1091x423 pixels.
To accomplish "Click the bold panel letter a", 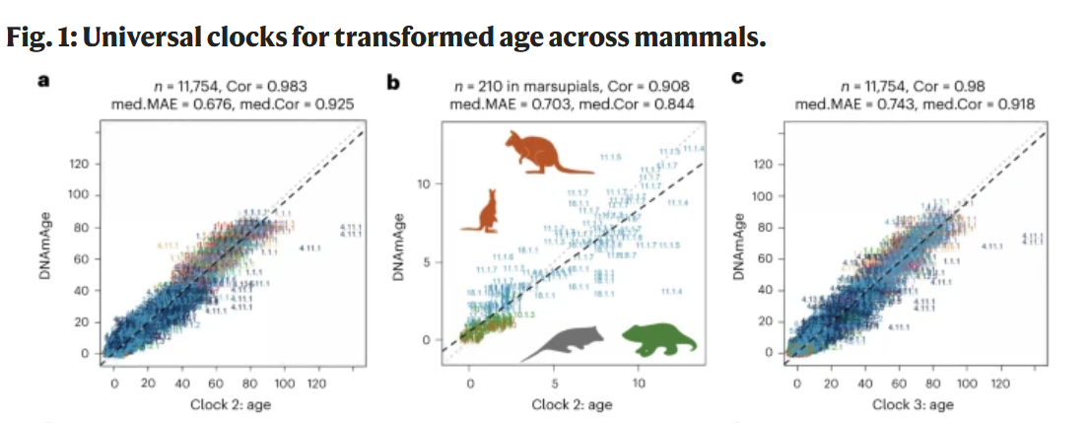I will [x=42, y=80].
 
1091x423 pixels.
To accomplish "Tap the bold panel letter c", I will [x=736, y=79].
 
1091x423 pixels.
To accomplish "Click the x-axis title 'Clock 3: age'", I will [x=913, y=404].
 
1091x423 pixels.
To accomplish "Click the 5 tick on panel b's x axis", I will [x=555, y=382].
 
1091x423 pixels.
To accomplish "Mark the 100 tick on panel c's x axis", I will [x=967, y=383].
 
